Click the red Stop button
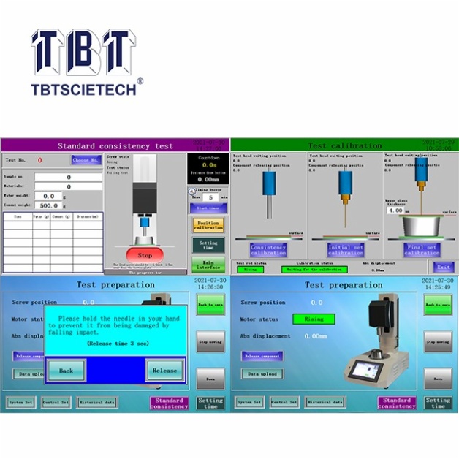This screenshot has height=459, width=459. coord(145,255)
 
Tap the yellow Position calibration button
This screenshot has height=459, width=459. coord(208,225)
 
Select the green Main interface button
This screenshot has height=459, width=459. coord(208,265)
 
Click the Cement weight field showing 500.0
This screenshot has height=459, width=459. coord(50,206)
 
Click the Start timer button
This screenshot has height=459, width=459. coord(208,208)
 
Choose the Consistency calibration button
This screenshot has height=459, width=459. coord(268,249)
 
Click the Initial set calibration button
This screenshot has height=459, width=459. coord(345,249)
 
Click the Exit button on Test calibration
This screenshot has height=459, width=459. coord(441,268)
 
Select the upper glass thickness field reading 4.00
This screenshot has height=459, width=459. coord(397,210)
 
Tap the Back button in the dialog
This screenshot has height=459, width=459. coord(66,371)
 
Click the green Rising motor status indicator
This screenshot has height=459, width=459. coord(314,319)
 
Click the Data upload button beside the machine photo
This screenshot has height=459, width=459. coord(262,373)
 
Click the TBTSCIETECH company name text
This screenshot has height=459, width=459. coord(82,90)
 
